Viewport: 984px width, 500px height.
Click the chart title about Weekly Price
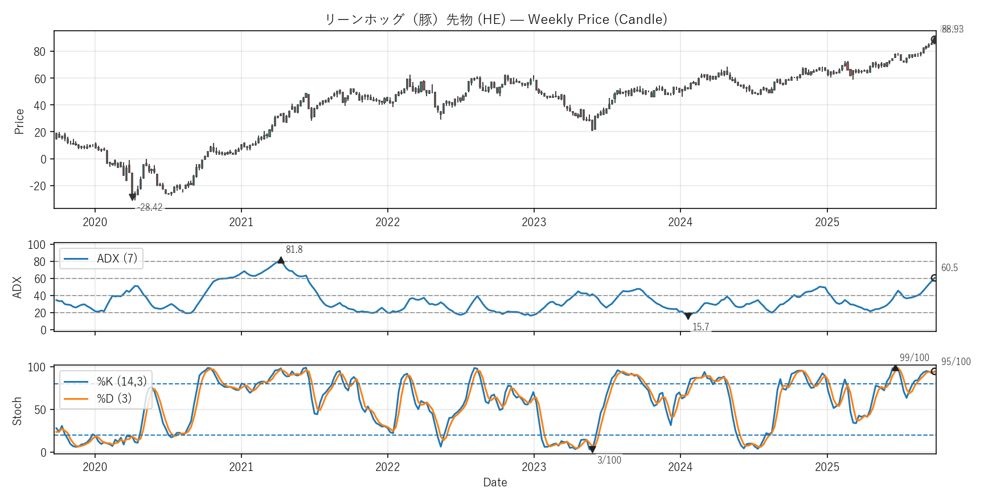point(495,19)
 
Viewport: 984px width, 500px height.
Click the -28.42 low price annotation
point(150,208)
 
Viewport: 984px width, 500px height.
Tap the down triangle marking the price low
point(133,197)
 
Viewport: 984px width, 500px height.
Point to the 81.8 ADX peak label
point(294,249)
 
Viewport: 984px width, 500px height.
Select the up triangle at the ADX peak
point(281,260)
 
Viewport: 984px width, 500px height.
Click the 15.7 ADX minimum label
point(700,327)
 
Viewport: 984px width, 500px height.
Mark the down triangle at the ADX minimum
point(688,316)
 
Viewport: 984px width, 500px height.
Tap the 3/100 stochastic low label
point(609,460)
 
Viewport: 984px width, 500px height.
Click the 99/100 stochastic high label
point(914,358)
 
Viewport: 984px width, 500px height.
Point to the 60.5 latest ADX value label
point(949,268)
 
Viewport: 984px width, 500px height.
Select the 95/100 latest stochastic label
point(956,362)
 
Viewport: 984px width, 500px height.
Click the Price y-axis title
point(19,121)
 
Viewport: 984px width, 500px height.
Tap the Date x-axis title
point(495,482)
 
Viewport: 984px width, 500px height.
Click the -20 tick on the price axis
point(38,186)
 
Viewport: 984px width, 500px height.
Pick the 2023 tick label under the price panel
point(534,222)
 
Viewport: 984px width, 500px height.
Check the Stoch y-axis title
point(17,411)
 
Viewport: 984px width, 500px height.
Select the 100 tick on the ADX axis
point(36,245)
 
